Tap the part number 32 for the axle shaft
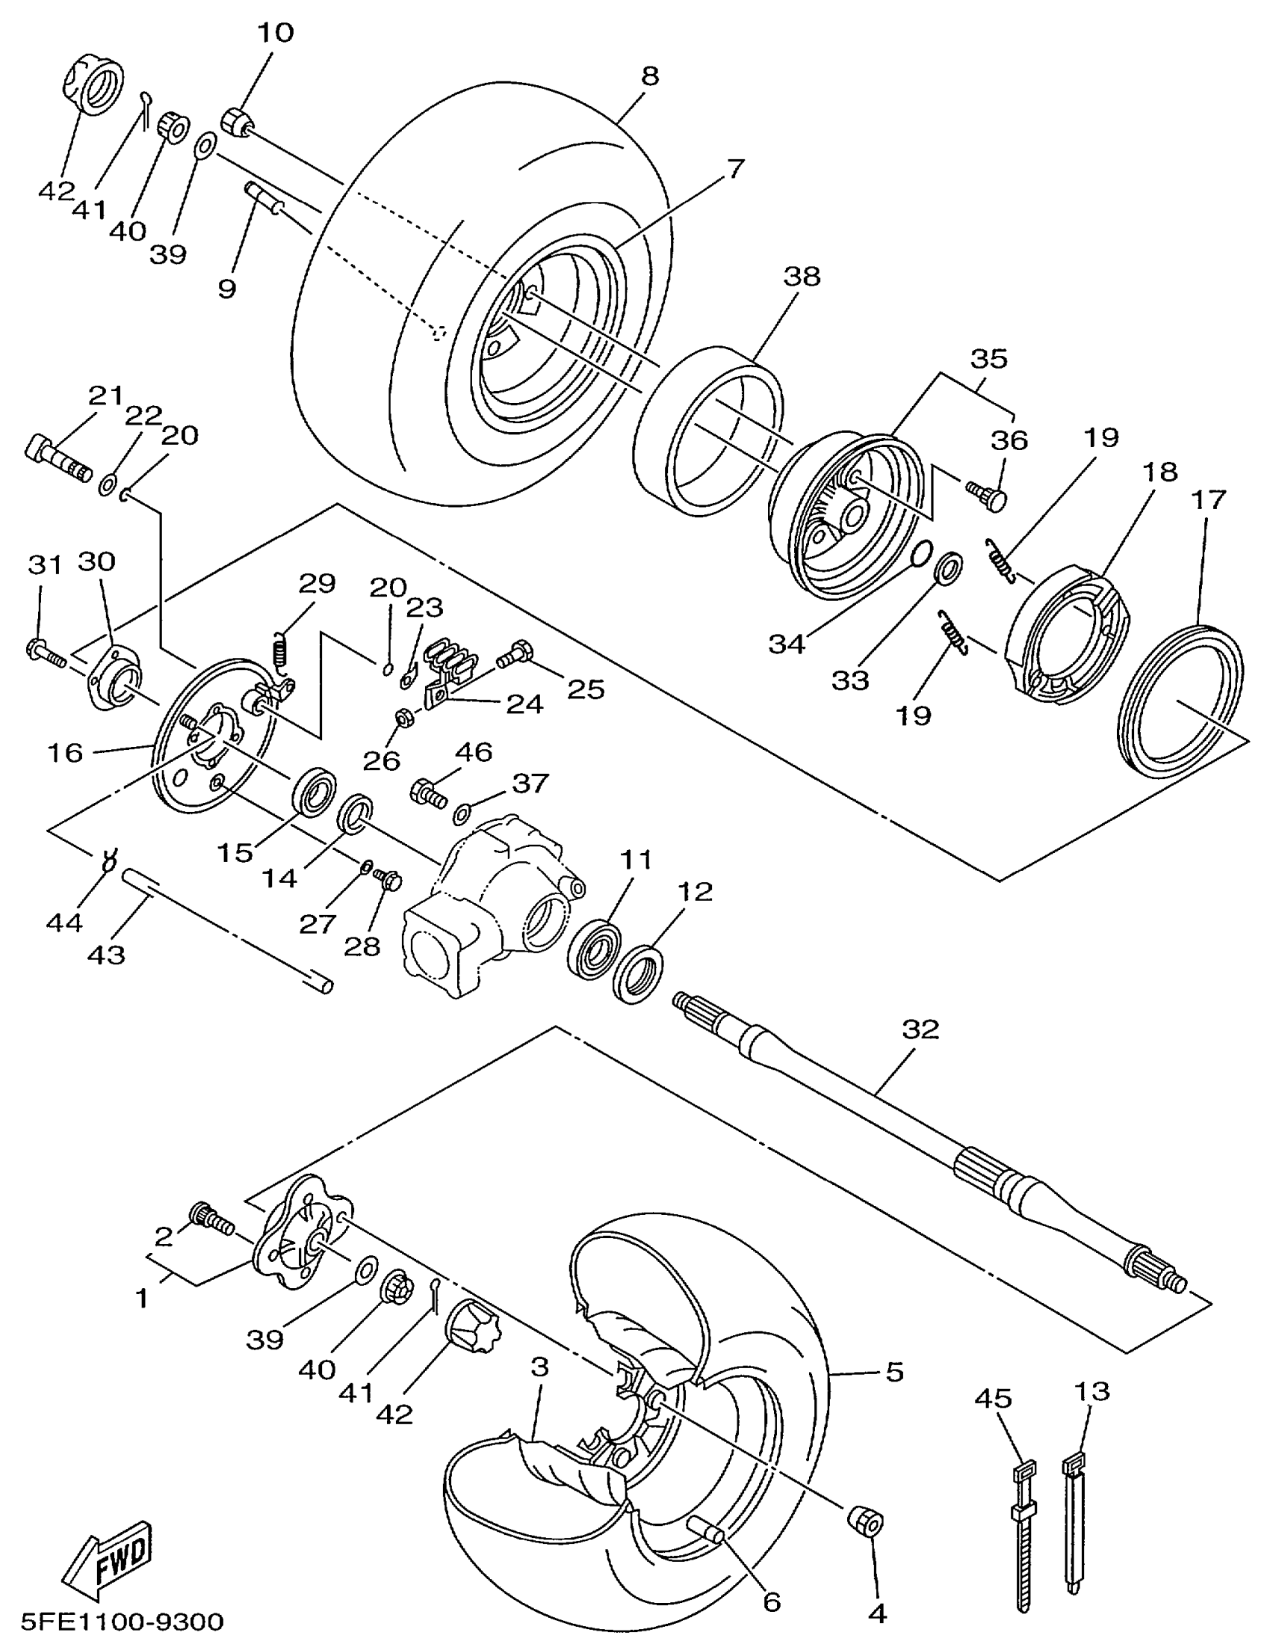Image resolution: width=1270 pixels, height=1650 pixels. (920, 1028)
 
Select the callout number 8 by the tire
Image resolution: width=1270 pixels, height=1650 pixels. (649, 76)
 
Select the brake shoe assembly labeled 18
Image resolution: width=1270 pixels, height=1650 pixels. (1067, 633)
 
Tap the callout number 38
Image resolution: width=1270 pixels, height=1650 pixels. (802, 277)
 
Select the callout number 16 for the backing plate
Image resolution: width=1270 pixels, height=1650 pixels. (65, 752)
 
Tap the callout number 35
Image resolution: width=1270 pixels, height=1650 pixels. (988, 358)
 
